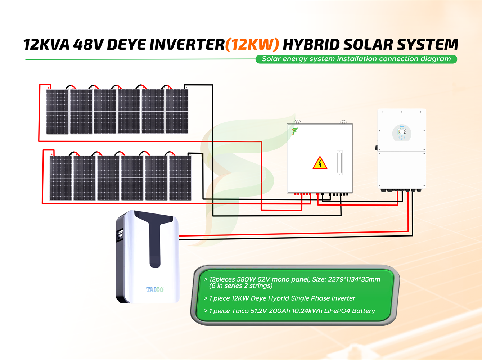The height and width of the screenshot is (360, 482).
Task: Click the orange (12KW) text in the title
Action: click(x=252, y=45)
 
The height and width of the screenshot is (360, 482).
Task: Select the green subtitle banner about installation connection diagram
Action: click(x=356, y=59)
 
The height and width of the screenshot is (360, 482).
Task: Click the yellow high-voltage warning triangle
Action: click(x=320, y=163)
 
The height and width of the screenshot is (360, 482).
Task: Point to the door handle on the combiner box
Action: click(x=339, y=163)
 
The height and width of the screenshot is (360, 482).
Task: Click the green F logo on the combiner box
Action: click(x=295, y=131)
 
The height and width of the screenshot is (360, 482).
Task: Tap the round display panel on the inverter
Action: click(x=402, y=132)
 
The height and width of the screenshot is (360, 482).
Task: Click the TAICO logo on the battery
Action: click(x=155, y=289)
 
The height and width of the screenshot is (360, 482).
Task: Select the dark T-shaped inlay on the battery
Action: click(x=155, y=238)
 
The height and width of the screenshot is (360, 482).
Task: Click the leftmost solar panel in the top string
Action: click(x=57, y=112)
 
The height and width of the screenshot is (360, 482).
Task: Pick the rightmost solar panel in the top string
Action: click(x=177, y=112)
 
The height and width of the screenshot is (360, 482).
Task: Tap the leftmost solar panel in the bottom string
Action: click(x=60, y=178)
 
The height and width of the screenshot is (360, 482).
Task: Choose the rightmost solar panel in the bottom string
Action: click(x=180, y=178)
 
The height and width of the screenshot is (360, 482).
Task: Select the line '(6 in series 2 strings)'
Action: click(x=241, y=286)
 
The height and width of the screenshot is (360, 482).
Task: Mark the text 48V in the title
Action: click(x=89, y=45)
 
